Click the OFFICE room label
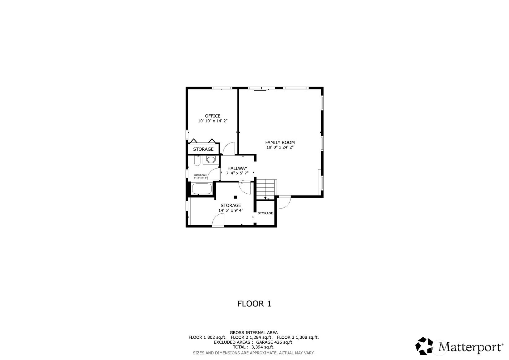(213, 116)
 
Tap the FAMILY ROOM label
(280, 142)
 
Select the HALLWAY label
(237, 168)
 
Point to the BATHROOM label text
(200, 175)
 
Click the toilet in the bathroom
(197, 161)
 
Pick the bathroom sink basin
(211, 160)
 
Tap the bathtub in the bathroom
(202, 189)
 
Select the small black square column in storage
(235, 197)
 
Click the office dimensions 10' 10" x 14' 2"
(213, 121)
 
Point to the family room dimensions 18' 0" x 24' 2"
(280, 147)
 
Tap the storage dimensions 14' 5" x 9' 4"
(231, 210)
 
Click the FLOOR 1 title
(254, 304)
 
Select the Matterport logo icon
(424, 346)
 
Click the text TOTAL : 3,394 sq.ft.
(254, 347)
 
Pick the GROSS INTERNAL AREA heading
(254, 332)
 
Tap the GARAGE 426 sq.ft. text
(275, 342)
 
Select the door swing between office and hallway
(229, 148)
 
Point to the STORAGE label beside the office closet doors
(203, 149)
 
